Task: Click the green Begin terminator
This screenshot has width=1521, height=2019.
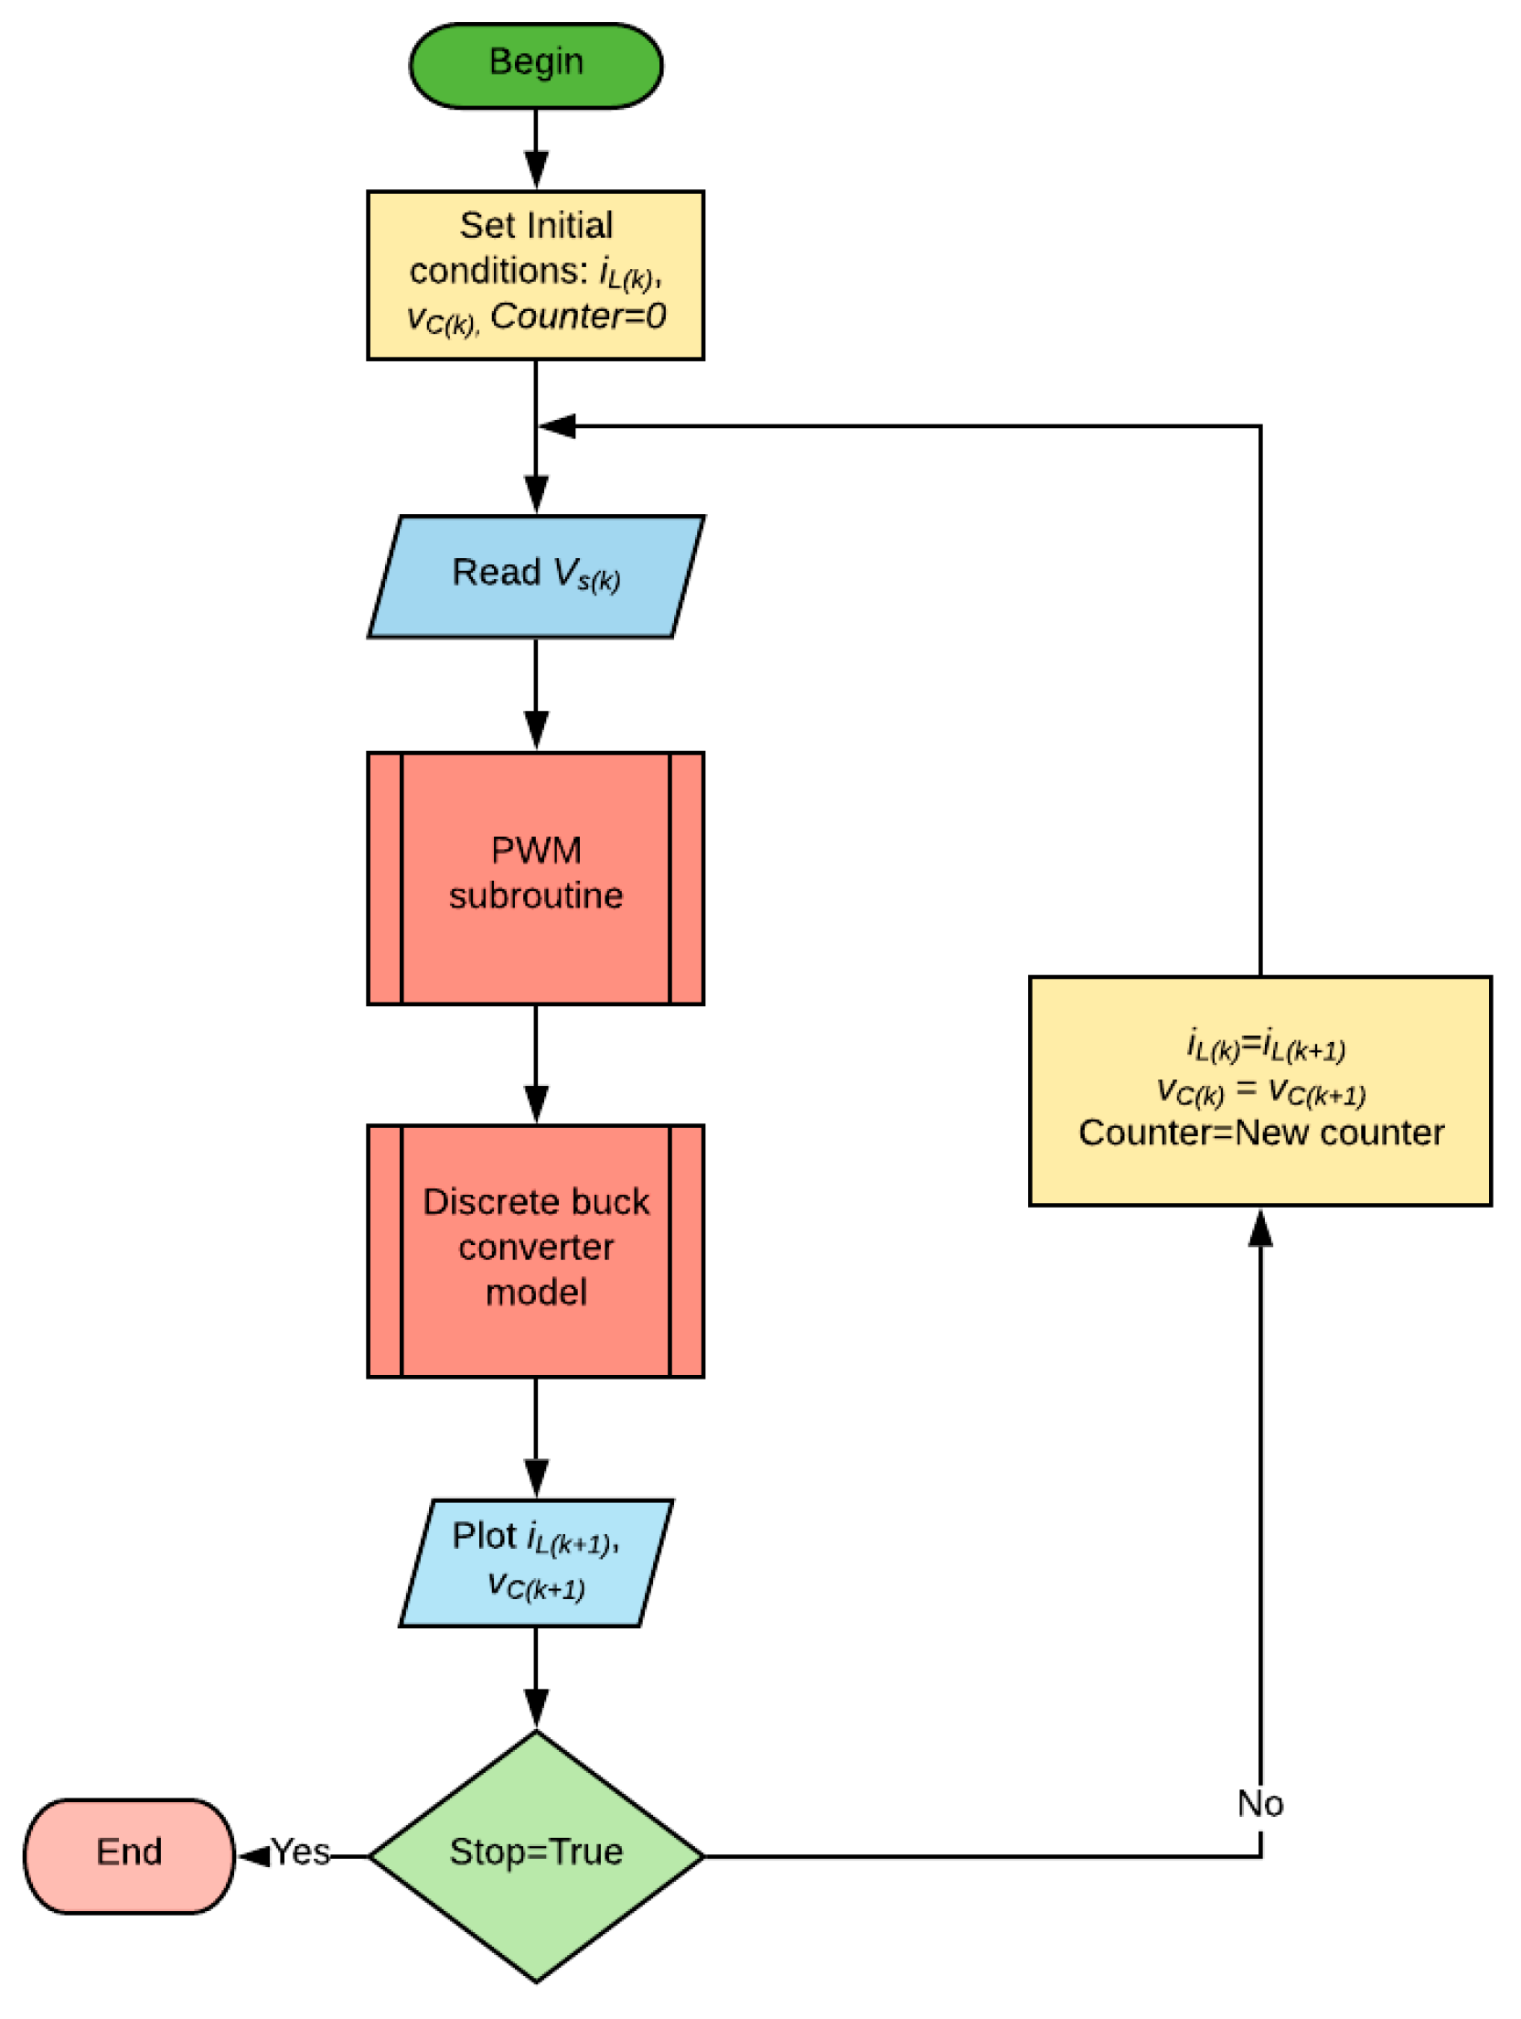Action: (x=535, y=65)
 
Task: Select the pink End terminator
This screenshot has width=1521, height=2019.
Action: (x=129, y=1853)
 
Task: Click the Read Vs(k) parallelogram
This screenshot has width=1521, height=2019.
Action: (x=535, y=575)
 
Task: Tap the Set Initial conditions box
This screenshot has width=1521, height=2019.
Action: (x=535, y=274)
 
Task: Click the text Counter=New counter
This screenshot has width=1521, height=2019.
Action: (x=1259, y=1132)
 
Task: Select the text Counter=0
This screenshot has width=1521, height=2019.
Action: (x=578, y=317)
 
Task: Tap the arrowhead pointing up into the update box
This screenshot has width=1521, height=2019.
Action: (x=1259, y=1228)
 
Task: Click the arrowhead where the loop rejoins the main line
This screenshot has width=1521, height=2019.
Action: (x=557, y=425)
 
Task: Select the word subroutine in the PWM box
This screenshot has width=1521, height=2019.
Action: (x=535, y=895)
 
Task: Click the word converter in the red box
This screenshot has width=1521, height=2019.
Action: (x=535, y=1247)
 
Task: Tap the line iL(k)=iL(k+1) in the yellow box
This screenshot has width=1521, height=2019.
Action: (x=1265, y=1045)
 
